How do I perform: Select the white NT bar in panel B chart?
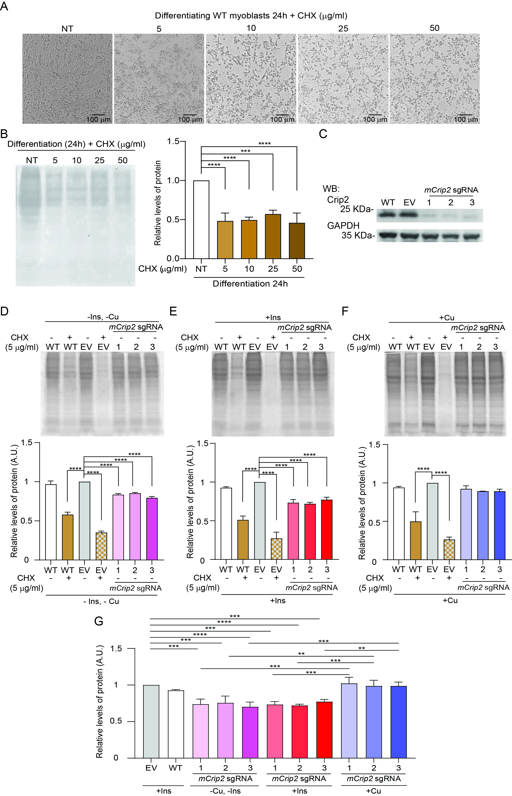point(201,219)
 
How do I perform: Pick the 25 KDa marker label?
point(356,209)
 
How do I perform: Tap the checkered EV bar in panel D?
point(101,546)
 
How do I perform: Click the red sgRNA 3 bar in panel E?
point(327,530)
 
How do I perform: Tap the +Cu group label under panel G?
point(373,791)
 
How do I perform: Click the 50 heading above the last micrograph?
point(434,28)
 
